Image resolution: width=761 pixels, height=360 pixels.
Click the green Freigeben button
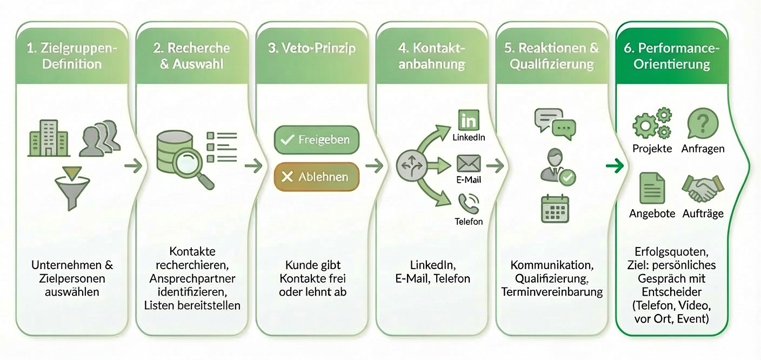click(317, 139)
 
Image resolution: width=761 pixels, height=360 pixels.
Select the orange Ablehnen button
click(317, 177)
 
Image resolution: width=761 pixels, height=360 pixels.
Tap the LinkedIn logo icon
click(469, 119)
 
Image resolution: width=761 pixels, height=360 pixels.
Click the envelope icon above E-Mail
click(469, 163)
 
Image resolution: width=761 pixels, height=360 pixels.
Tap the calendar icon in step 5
click(555, 209)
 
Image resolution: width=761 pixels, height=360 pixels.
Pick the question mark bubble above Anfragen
click(703, 123)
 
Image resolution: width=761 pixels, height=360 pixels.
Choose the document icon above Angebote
click(652, 188)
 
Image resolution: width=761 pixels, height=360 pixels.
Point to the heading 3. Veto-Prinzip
click(312, 48)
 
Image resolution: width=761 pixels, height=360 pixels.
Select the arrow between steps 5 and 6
click(615, 166)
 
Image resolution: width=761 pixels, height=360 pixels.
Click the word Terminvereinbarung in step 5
click(552, 292)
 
